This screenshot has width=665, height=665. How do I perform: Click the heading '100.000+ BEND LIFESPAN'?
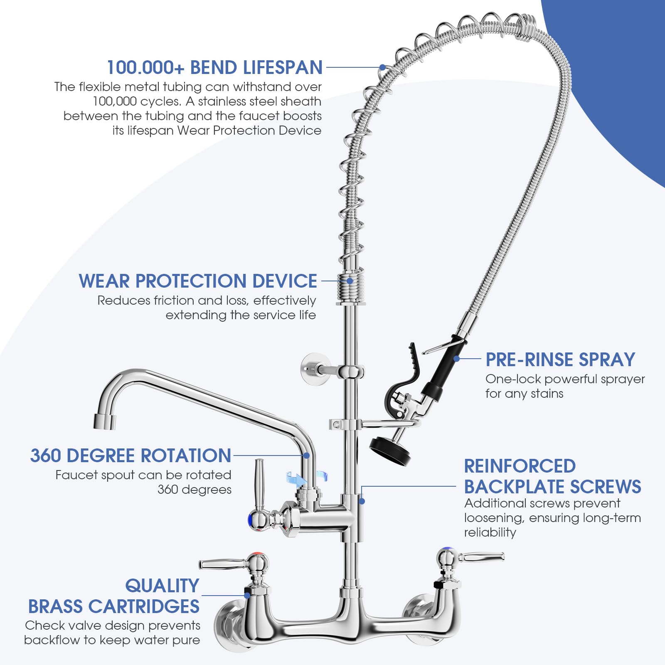click(214, 67)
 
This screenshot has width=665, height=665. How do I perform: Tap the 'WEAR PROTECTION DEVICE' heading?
click(198, 281)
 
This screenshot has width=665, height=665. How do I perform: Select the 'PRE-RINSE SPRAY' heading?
click(560, 360)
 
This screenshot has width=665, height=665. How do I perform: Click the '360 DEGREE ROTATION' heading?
click(131, 456)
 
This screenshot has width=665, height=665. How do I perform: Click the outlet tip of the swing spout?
click(104, 421)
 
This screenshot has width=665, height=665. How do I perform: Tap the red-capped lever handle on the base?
click(233, 563)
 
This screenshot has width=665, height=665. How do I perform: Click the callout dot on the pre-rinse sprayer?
click(457, 359)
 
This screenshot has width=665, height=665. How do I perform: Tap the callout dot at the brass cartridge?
click(247, 595)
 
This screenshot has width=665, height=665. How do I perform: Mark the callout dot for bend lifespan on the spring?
click(382, 67)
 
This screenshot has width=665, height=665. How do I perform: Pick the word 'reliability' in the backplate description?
click(490, 532)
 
